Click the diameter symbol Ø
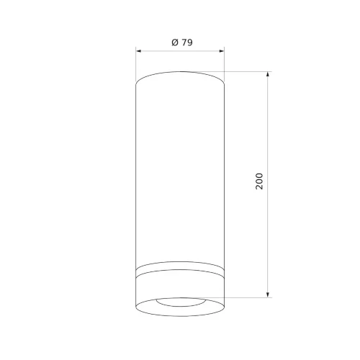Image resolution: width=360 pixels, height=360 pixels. [x=175, y=42]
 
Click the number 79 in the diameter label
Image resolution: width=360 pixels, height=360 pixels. [x=186, y=42]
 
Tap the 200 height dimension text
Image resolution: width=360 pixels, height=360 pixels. [x=259, y=181]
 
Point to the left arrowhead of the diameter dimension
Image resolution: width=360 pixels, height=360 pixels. [x=138, y=51]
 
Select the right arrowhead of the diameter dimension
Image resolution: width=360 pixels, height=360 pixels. [x=222, y=51]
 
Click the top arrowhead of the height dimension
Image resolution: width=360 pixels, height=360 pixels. [x=268, y=74]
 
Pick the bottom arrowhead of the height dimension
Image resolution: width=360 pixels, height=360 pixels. [x=268, y=295]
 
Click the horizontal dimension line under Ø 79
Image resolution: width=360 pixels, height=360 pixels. [x=180, y=51]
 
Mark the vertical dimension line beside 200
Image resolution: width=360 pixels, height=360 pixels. [x=268, y=184]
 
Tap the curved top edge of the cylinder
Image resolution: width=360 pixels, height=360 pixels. [x=180, y=72]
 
